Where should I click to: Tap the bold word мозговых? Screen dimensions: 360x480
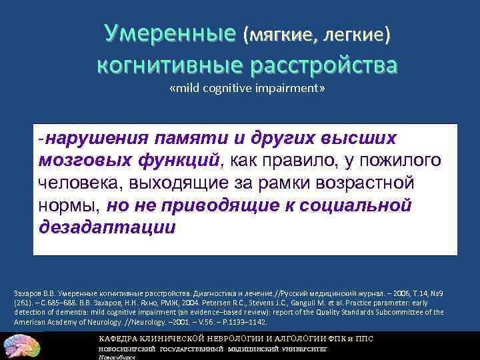tap(79, 161)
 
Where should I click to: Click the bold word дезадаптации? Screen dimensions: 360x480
tap(108, 227)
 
